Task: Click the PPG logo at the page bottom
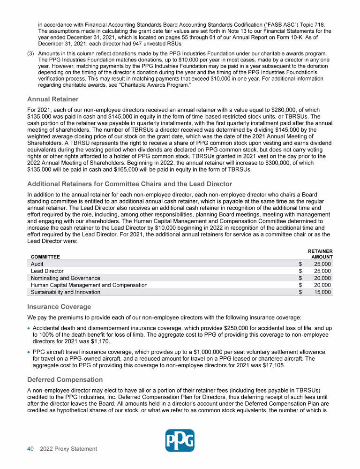click(180, 440)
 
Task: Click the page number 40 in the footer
click(30, 449)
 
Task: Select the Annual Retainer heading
click(52, 99)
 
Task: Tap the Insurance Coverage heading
click(59, 307)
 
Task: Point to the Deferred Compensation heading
click(65, 379)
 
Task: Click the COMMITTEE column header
click(45, 257)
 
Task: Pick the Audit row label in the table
click(37, 264)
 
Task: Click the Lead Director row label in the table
click(47, 271)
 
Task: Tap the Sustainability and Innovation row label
click(65, 292)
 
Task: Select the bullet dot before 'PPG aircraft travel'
click(29, 351)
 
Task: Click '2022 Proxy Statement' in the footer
click(68, 449)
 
